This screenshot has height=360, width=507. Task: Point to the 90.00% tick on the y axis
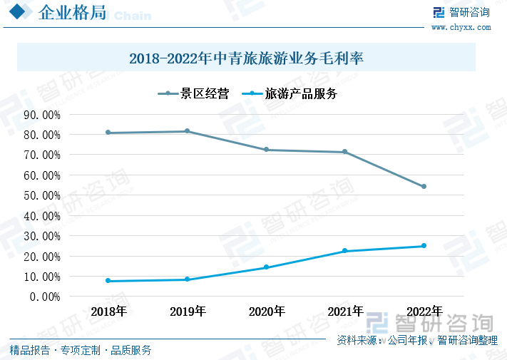coord(42,114)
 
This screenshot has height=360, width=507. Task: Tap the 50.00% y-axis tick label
coord(42,195)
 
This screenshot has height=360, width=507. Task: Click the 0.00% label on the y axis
coord(45,297)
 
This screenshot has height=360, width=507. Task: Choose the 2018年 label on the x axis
coord(108,312)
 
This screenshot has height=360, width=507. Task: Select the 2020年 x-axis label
coord(267,312)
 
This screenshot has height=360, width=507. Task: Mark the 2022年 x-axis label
coord(424,312)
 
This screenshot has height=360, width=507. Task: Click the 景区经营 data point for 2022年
coord(424,187)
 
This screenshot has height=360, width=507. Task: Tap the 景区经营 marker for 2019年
coord(188,131)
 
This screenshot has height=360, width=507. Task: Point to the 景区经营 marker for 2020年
coord(267,150)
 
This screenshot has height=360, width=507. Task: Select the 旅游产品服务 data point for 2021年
coord(345,251)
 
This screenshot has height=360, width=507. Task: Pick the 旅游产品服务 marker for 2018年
coord(108,281)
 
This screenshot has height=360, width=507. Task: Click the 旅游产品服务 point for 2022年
coord(424,246)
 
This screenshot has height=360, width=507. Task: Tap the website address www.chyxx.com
coord(461,27)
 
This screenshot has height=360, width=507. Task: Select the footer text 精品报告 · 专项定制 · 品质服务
coord(80,350)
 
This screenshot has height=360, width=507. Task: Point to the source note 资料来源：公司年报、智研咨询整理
coord(417,341)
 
